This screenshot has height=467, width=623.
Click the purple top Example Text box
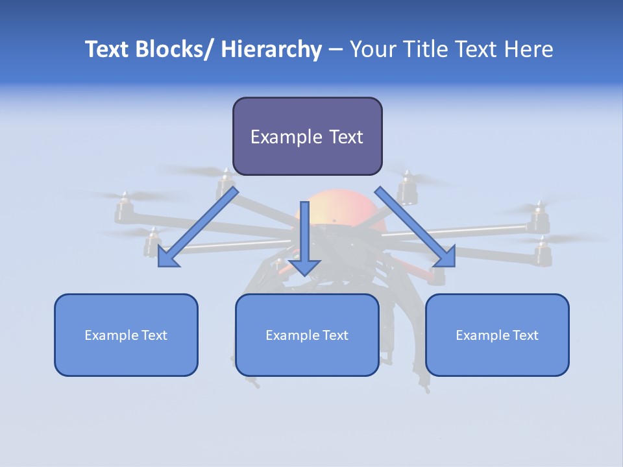(x=307, y=136)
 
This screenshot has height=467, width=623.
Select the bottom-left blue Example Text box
(x=126, y=335)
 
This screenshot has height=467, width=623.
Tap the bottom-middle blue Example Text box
(x=307, y=335)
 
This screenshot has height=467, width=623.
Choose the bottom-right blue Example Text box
(x=497, y=335)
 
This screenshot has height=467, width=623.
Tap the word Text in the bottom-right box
(x=525, y=335)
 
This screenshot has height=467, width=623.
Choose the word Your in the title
(x=371, y=49)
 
